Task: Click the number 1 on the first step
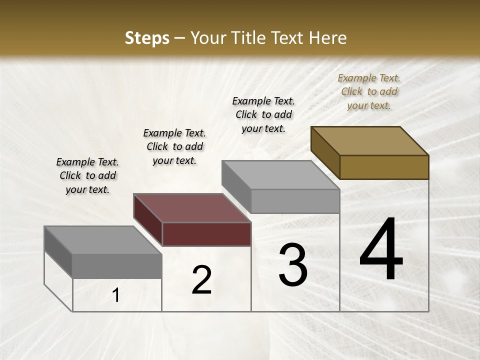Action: click(x=116, y=295)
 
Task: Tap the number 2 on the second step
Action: click(x=201, y=280)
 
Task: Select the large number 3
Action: click(x=293, y=265)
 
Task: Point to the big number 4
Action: click(x=381, y=249)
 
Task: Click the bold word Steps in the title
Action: click(x=147, y=38)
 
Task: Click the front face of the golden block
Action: click(x=384, y=167)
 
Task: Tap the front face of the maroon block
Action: click(x=206, y=234)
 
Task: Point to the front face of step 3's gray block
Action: click(x=295, y=201)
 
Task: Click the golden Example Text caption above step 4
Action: click(x=369, y=91)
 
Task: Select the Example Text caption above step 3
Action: click(x=263, y=114)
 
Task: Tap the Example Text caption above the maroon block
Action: click(x=174, y=146)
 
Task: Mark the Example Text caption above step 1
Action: click(x=87, y=175)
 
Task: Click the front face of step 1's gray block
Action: click(x=117, y=266)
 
